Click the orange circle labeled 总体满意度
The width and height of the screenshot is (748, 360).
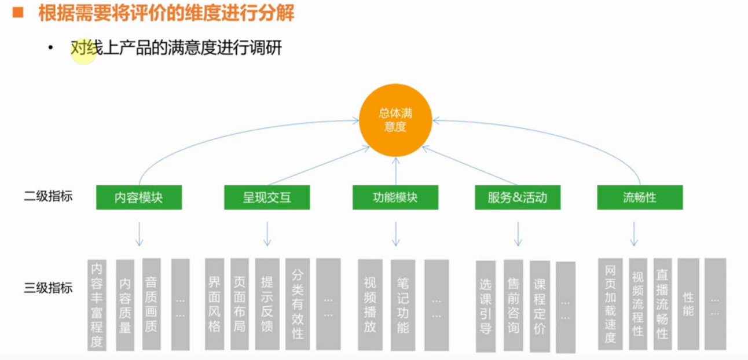tap(395, 120)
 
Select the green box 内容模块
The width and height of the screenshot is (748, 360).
tap(139, 197)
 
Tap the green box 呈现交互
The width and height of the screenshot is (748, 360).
tap(267, 197)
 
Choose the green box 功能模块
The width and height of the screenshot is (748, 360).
tap(395, 197)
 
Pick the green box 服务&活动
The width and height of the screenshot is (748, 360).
tap(518, 197)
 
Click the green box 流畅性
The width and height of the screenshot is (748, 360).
tap(640, 197)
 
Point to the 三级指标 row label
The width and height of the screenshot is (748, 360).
tap(48, 288)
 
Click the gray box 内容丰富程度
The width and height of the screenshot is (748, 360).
tap(97, 304)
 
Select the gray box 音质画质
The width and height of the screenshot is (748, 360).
tap(151, 304)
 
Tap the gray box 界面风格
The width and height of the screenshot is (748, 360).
tap(214, 304)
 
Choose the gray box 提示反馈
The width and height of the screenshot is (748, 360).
tap(267, 304)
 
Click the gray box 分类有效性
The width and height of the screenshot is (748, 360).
tap(298, 304)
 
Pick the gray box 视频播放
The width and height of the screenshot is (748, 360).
tap(370, 305)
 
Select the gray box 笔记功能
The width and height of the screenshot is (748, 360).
tap(403, 305)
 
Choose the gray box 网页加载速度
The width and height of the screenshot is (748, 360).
tap(610, 304)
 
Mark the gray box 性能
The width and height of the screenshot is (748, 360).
tap(688, 304)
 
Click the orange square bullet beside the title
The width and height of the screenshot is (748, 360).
tap(18, 12)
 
